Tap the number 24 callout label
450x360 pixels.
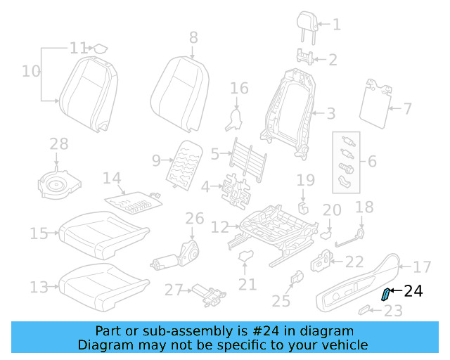[413, 290]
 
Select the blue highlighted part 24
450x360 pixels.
[386, 294]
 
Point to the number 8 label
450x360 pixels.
[193, 38]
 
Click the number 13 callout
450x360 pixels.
[39, 287]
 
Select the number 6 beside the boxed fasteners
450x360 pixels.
[372, 161]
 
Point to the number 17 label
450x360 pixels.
[421, 267]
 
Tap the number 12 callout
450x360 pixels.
[220, 227]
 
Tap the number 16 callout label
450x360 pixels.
[240, 88]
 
